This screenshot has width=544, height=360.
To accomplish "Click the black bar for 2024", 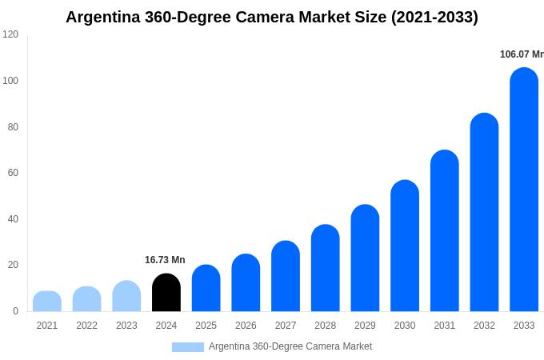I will coord(166,293).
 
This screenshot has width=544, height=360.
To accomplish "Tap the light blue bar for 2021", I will coord(47,302).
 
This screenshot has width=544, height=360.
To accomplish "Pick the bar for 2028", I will coord(326,268).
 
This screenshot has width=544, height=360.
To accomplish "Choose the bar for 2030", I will coord(405,246).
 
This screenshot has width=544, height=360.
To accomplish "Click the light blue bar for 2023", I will coord(126,296).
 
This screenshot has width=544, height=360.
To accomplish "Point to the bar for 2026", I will coord(246,282).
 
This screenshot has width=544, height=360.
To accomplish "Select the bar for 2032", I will coord(484,212).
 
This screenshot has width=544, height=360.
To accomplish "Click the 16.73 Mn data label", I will coord(165,260).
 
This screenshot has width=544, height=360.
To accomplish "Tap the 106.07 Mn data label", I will coord(522,54).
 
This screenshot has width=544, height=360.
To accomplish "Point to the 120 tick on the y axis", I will coord(10,34).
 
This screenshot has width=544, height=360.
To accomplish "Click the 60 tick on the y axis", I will coord(13,173).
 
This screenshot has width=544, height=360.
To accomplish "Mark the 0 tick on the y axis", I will coord(15,311).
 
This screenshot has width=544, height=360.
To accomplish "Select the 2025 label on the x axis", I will coord(206,326).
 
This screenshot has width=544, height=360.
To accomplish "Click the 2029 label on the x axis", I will coord(365,326).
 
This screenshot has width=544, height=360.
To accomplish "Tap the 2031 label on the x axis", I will coord(444,326).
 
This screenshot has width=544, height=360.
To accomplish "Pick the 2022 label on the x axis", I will coord(86,326).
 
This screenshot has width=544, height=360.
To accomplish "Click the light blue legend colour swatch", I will coord(188,347).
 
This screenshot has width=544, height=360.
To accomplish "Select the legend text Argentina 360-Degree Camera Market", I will coord(290,346).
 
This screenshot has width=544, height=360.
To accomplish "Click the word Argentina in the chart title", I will coord(104,17).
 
